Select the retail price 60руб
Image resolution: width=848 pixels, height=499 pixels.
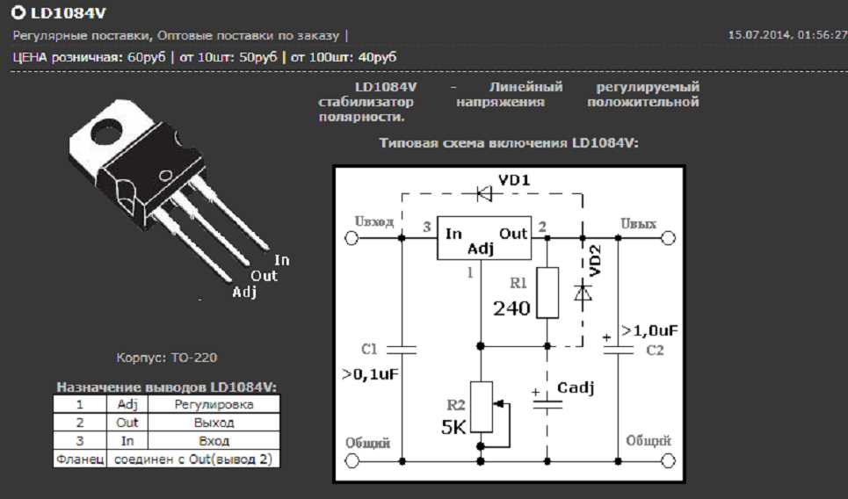[146, 56]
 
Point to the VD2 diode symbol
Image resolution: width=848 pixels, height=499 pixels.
[582, 292]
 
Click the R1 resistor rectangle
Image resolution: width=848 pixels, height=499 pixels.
[547, 292]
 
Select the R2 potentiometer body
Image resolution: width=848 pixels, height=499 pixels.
[481, 407]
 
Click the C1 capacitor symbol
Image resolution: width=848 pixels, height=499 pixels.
[402, 349]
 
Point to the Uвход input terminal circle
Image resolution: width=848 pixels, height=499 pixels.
[352, 238]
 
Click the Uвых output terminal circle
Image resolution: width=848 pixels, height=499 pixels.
[668, 238]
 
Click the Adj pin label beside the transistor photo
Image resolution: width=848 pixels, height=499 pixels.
[244, 293]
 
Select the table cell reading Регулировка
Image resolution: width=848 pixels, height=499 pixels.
[214, 405]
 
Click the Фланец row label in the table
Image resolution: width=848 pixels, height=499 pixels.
[79, 458]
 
